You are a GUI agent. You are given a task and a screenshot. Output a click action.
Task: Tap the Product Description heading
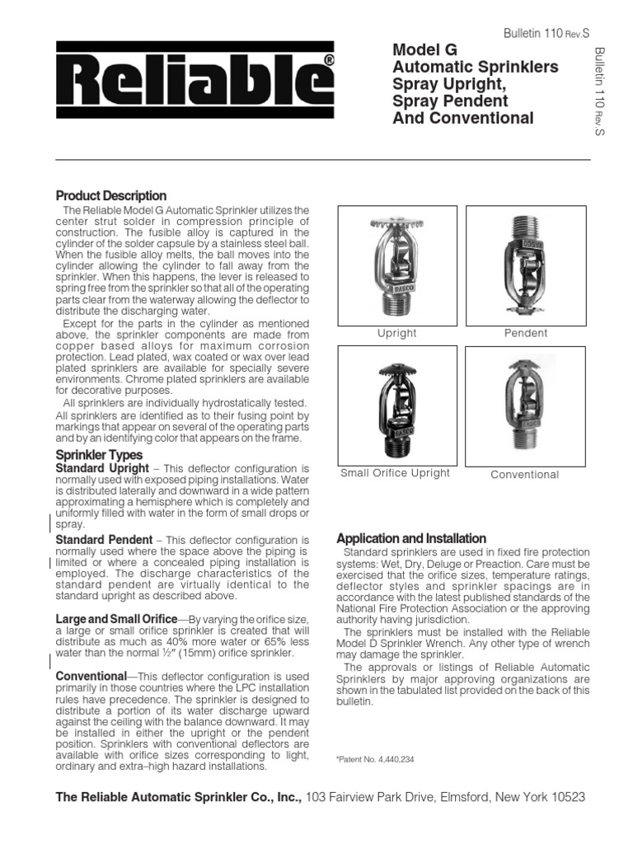point(110,196)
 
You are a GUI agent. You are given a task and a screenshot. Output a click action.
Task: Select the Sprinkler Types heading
point(98,455)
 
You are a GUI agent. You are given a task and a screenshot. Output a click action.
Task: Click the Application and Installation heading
point(411,538)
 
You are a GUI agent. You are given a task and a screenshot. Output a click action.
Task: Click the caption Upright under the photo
point(396,334)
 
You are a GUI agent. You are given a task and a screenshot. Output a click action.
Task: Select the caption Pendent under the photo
point(525,334)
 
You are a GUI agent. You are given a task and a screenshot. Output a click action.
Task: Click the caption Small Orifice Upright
point(395,473)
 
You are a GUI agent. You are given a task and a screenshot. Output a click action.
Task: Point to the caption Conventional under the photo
point(524,475)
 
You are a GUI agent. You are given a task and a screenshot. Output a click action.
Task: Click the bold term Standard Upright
point(102,468)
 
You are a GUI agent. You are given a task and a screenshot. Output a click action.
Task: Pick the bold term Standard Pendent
point(103,540)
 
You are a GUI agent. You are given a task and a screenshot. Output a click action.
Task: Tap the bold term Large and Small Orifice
point(115,619)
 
